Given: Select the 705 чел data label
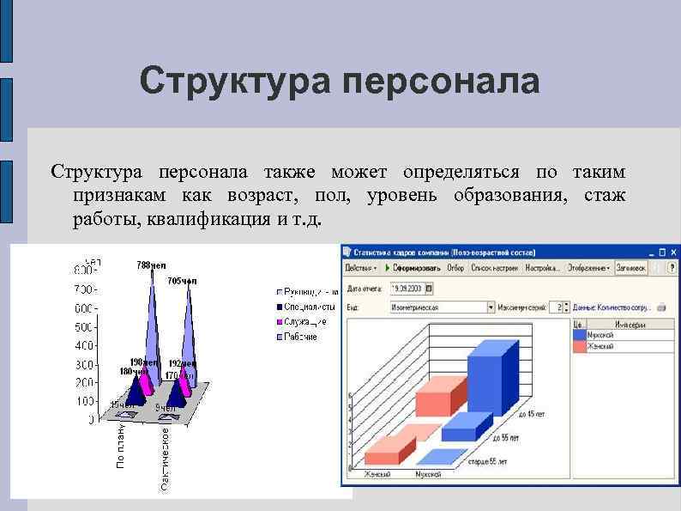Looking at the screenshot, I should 182,281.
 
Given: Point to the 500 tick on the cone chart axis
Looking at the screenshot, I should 82,326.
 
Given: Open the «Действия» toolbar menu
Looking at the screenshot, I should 360,268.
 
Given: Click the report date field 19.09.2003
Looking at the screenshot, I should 409,289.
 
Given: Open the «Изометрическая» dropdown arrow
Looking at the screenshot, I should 491,307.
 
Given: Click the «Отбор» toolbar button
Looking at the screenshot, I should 455,268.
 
